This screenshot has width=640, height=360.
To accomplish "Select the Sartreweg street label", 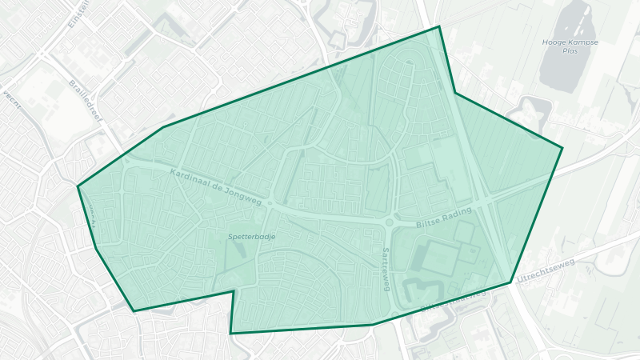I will point(386,268).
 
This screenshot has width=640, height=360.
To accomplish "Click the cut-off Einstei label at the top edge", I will point(78,13).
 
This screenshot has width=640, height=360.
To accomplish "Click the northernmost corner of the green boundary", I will point(438,26).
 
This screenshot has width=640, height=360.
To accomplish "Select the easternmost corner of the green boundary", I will point(562,148).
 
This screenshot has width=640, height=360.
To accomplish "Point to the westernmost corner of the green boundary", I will point(78,186).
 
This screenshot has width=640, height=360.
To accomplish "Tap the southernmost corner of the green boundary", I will point(230,333).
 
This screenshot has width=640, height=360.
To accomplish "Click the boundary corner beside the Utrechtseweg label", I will point(510,282).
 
